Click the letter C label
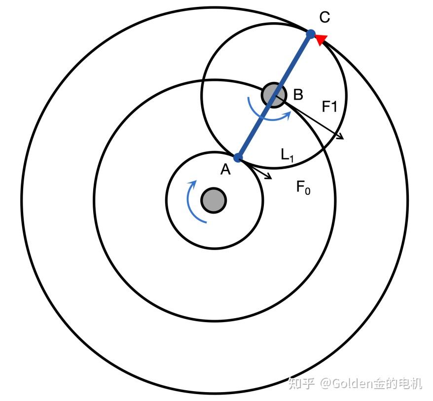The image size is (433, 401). (324, 18)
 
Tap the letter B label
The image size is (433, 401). (298, 94)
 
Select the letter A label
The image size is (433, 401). (225, 170)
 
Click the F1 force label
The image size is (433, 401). (329, 106)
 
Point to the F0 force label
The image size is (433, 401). (303, 187)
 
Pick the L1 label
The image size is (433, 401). (288, 155)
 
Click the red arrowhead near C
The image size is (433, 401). (322, 39)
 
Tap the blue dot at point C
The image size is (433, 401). (311, 34)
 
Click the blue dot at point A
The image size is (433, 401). (238, 158)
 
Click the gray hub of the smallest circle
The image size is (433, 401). (214, 200)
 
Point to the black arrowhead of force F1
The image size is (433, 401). (340, 137)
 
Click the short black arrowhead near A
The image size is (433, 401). (269, 176)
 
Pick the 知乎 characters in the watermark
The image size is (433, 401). (301, 383)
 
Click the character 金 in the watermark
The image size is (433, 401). (377, 383)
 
